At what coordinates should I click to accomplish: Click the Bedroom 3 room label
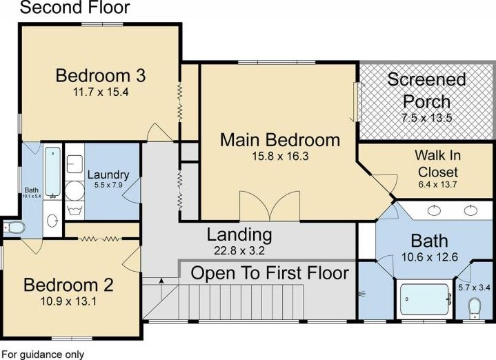101,76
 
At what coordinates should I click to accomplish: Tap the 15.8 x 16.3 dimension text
280,157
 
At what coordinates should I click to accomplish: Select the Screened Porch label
426,90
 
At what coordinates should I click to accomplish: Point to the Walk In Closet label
438,163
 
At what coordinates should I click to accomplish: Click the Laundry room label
108,174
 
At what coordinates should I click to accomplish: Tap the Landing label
239,234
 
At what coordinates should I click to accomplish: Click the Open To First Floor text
270,273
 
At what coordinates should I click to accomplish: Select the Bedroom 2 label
68,285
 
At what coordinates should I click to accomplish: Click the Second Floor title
75,7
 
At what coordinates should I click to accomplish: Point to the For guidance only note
43,354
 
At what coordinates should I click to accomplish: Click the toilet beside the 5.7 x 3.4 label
475,308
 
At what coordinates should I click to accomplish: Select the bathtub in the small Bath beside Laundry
53,172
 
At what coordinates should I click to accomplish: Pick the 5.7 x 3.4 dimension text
474,288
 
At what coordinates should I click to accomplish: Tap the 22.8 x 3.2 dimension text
239,251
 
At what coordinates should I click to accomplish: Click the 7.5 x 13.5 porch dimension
427,118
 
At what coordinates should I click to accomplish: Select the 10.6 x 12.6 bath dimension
430,257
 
